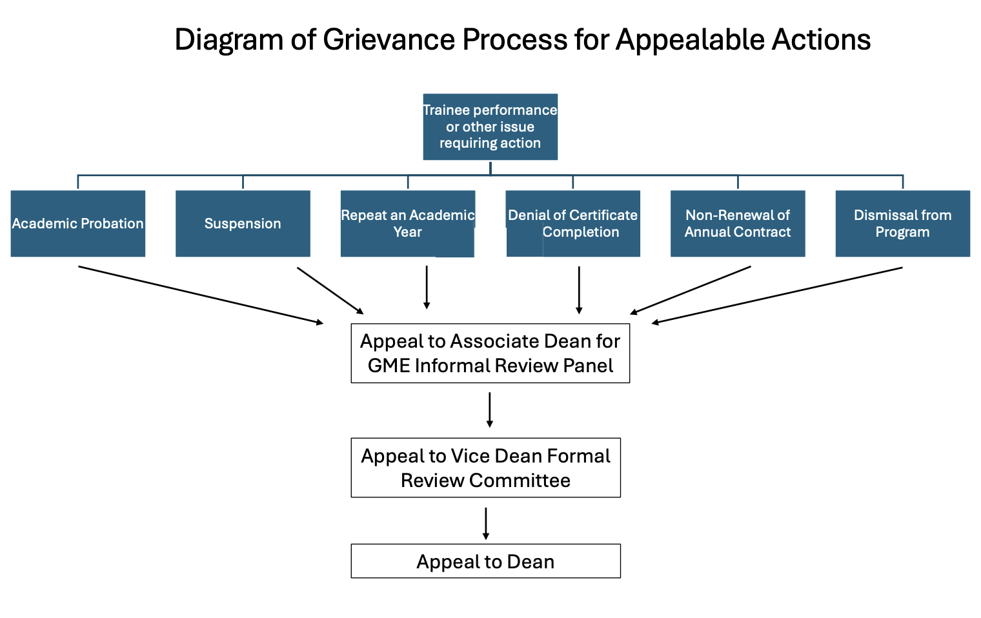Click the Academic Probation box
point(77,223)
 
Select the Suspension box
point(243,223)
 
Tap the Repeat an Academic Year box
point(407,223)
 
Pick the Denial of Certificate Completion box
point(572,223)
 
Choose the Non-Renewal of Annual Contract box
point(738,223)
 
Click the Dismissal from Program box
point(902,223)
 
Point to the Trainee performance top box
point(490,126)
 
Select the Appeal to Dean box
point(485,561)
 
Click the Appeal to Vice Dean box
point(485,468)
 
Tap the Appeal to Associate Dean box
point(490,353)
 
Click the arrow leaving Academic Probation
point(200,295)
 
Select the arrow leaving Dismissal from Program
point(778,295)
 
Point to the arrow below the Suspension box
point(330,290)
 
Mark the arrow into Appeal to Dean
point(486,523)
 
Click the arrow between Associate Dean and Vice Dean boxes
point(490,410)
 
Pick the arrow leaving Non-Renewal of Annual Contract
point(691,290)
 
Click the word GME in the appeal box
point(389,366)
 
